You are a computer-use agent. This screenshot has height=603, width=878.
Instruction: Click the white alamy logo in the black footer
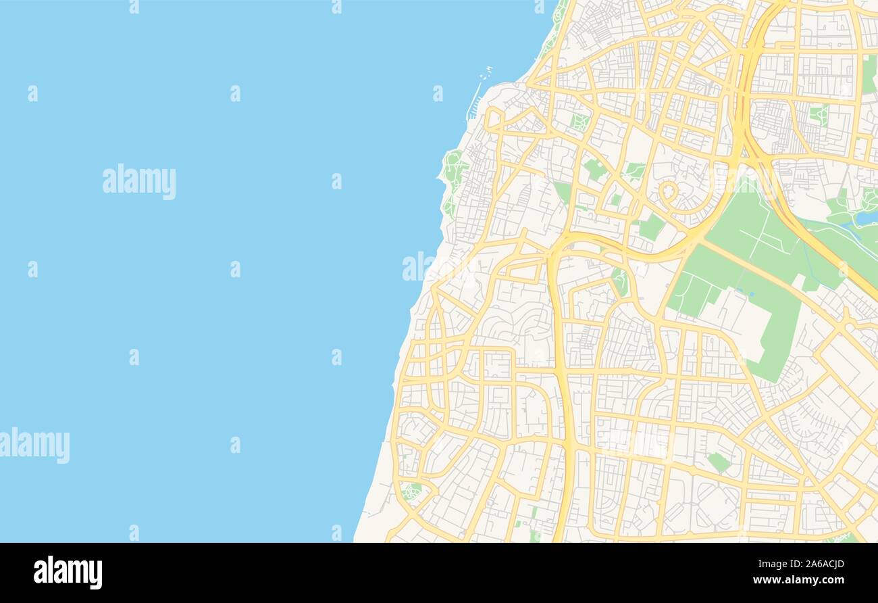pyautogui.click(x=68, y=572)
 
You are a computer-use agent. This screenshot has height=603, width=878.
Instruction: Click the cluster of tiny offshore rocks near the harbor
pyautogui.click(x=486, y=70)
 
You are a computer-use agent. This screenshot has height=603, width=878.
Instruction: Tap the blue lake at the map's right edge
pyautogui.click(x=867, y=218)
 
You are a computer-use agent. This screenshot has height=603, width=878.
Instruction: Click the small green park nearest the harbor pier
pyautogui.click(x=579, y=122)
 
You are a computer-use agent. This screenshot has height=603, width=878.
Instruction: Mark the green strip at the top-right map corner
pyautogui.click(x=869, y=74)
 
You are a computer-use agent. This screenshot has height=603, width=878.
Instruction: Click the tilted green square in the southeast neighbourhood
pyautogui.click(x=719, y=462)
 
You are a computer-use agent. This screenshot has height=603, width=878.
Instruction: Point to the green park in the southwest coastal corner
pyautogui.click(x=411, y=490)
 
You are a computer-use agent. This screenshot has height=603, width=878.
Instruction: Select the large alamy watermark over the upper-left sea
pyautogui.click(x=139, y=181)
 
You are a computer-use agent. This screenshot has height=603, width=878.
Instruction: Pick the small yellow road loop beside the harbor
pyautogui.click(x=494, y=118)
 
